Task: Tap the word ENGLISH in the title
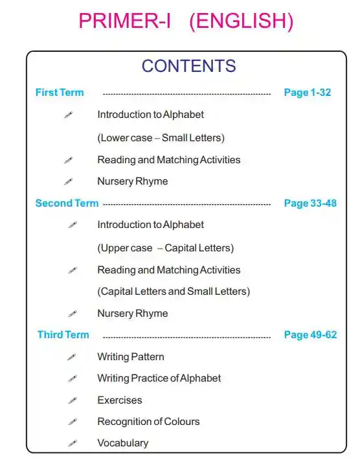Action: pos(241,21)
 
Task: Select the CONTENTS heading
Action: pos(188,65)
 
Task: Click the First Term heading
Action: pos(60,93)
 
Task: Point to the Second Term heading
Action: pos(67,203)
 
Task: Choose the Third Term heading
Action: pos(63,335)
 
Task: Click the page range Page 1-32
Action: pos(307,93)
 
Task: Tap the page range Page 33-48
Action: pos(310,203)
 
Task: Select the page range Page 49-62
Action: pos(310,335)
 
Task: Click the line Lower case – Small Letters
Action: pos(161,138)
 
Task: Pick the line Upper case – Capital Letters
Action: pos(165,248)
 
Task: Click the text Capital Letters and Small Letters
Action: pos(174,292)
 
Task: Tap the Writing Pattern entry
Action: pos(131,357)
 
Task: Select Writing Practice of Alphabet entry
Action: pos(159,378)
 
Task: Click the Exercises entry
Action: pos(120,400)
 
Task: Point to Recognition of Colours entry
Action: pos(148,422)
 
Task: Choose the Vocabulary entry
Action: pos(123,443)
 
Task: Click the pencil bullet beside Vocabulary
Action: pos(73,444)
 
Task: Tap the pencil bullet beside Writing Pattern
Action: pos(73,358)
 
